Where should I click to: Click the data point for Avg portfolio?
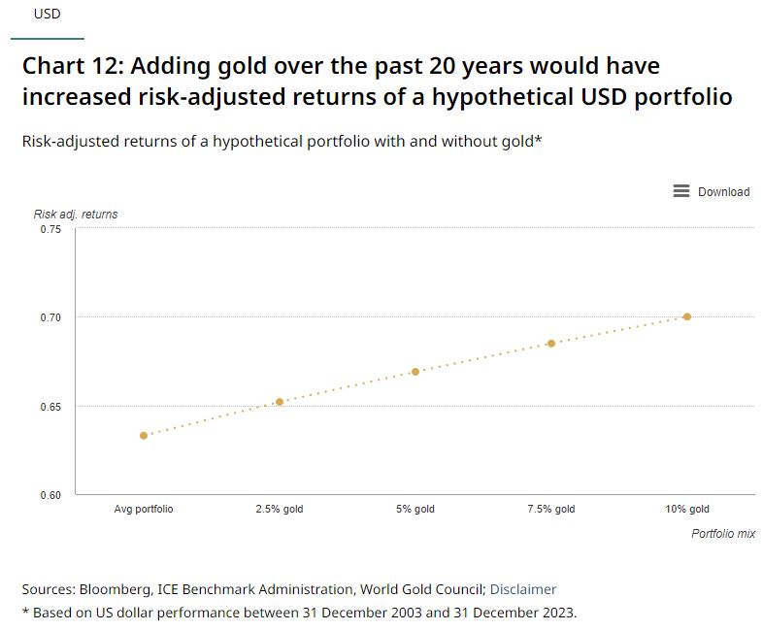click(x=144, y=436)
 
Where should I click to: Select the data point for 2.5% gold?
click(x=280, y=402)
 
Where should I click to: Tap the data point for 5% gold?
click(x=415, y=372)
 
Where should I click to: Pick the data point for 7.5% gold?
click(x=551, y=344)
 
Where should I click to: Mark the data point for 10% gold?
click(x=687, y=316)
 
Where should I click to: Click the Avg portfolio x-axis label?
click(x=144, y=509)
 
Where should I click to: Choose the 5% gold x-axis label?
click(x=415, y=509)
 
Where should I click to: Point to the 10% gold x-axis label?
click(x=687, y=509)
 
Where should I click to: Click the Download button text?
click(x=723, y=192)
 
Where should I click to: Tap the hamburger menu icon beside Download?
click(x=681, y=191)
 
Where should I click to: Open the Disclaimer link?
click(x=523, y=589)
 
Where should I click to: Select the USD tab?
click(x=47, y=15)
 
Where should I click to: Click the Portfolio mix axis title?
click(x=722, y=534)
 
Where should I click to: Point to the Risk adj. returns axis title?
click(x=76, y=214)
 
